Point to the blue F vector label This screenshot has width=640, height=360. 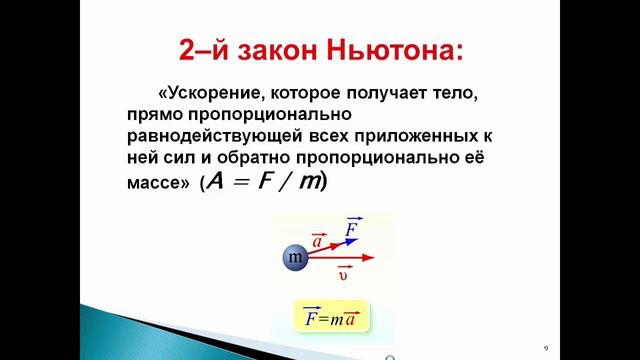pos(351,229)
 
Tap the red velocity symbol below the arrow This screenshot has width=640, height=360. pos(343,272)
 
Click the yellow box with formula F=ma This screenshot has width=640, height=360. pos(332,320)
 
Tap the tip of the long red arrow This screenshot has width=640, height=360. pos(373,258)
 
